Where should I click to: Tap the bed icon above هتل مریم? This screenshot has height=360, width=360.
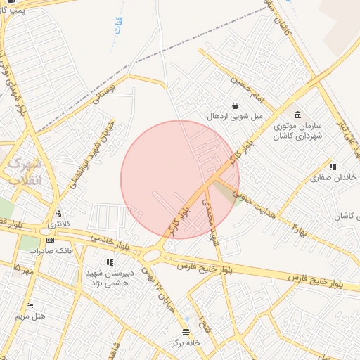[x=30, y=305]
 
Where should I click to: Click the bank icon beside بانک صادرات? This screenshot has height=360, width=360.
[x=49, y=240]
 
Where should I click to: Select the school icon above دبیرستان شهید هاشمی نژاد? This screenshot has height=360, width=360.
[x=110, y=262]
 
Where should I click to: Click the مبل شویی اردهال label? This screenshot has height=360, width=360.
[x=234, y=115]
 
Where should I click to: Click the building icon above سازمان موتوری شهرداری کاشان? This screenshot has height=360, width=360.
[x=297, y=115]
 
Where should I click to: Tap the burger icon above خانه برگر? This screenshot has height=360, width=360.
[x=186, y=332]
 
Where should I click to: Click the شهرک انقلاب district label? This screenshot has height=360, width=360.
[x=27, y=172]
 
